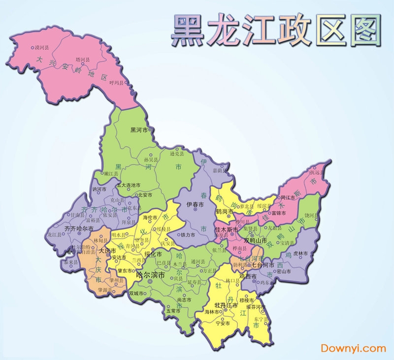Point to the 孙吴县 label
(x=151, y=160)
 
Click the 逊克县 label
(x=176, y=154)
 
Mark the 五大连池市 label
(x=129, y=185)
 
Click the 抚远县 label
(x=317, y=173)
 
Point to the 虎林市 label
(x=300, y=254)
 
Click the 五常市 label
(x=173, y=311)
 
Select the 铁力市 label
(x=188, y=235)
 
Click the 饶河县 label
(x=311, y=215)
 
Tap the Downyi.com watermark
(x=353, y=348)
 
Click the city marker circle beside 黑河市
(x=150, y=130)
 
